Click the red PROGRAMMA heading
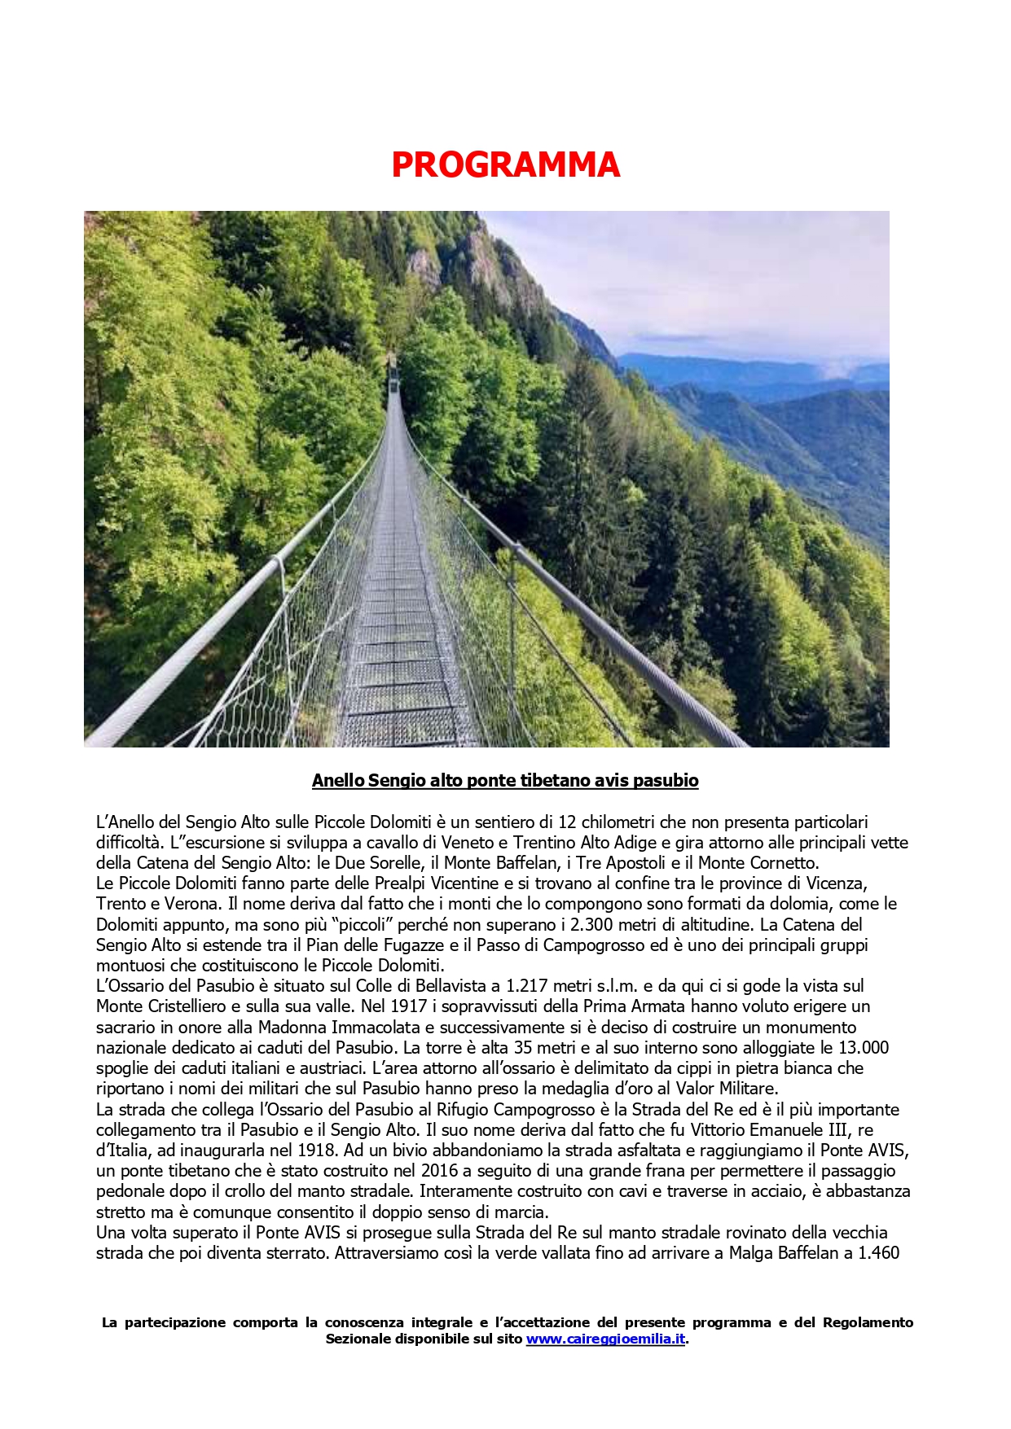[x=505, y=165]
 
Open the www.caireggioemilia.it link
[x=605, y=1339]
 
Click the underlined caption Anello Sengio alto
[x=505, y=780]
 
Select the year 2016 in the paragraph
[x=441, y=1171]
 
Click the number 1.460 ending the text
[x=878, y=1253]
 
